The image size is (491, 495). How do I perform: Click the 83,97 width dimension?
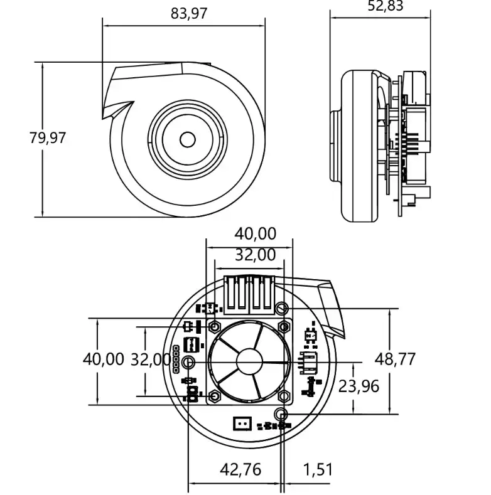coord(188,13)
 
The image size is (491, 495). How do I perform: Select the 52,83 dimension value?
coord(385,6)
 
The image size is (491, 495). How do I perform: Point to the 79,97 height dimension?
coord(47,137)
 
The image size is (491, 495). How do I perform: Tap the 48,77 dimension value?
coord(395,359)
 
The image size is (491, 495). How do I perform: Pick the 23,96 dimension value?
coord(359,385)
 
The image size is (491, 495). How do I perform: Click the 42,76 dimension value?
coord(240,469)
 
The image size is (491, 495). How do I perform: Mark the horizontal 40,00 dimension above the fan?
coord(255,233)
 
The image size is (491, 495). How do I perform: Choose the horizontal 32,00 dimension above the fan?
coord(255,255)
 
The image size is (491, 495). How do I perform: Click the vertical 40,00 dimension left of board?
coord(104,359)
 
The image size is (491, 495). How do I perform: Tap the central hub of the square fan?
coord(249,362)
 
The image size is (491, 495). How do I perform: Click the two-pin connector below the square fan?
coord(242,423)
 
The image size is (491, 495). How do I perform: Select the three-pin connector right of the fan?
coord(310,362)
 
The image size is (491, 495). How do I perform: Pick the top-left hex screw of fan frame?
coord(215,327)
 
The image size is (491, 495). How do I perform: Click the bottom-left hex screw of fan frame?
coord(215,396)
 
